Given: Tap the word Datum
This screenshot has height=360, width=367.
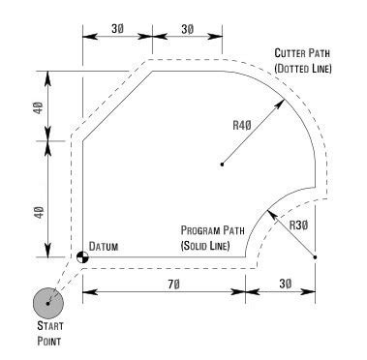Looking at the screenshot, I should tap(105, 247).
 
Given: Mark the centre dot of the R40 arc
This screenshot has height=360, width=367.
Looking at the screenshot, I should tap(222, 165).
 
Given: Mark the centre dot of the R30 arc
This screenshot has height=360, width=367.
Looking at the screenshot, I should tap(315, 257).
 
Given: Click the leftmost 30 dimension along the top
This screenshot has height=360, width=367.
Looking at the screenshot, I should tap(116, 30).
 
